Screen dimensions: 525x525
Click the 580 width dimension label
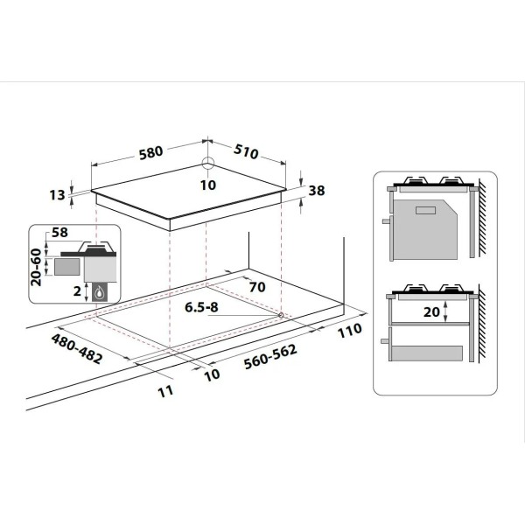click(x=151, y=152)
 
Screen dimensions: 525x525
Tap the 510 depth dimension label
click(x=246, y=151)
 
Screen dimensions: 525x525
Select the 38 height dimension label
click(x=317, y=191)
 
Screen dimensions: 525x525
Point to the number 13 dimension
click(x=57, y=195)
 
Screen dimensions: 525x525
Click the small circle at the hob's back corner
click(x=208, y=164)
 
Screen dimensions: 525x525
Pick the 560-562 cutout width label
click(x=270, y=357)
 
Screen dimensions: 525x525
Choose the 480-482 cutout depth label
click(x=77, y=349)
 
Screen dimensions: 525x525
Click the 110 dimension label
click(x=349, y=331)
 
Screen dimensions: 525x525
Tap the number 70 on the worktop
click(x=257, y=287)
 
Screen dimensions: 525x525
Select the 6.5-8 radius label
click(x=201, y=307)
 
